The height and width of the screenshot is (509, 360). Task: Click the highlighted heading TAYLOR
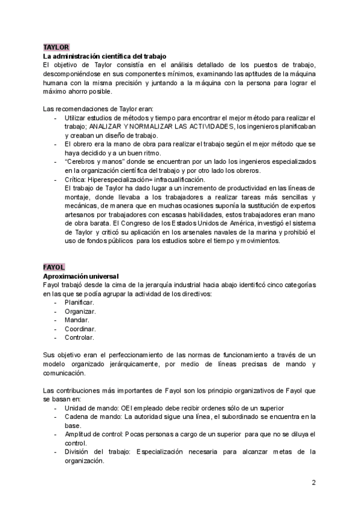56,47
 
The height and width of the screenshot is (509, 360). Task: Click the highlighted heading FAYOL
55,267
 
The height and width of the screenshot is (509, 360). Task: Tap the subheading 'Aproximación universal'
81,276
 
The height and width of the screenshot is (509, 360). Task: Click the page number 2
314,483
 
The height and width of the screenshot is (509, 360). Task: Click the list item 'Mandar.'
77,321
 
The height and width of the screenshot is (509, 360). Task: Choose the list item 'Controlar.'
80,338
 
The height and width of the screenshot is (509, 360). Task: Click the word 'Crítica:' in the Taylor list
76,179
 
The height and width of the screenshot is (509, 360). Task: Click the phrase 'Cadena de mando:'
90,417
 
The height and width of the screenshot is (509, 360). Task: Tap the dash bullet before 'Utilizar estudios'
56,118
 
